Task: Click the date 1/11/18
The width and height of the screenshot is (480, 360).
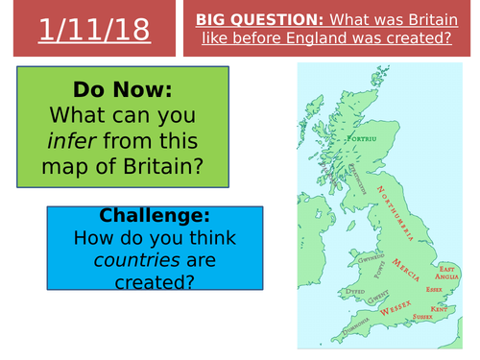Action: (95, 30)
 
